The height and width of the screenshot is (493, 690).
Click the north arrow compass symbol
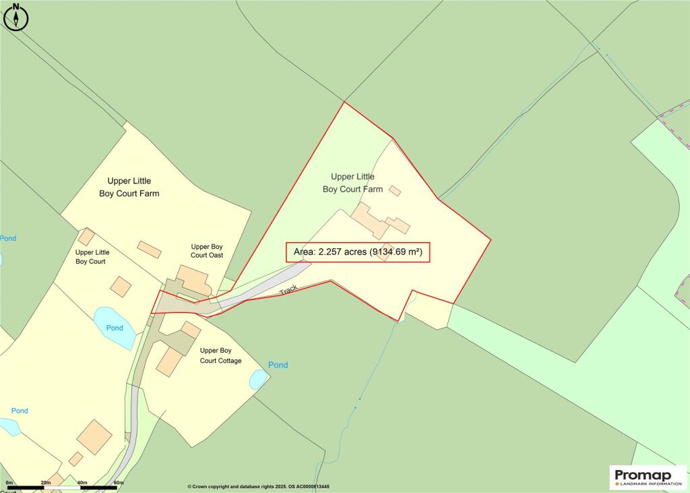16,18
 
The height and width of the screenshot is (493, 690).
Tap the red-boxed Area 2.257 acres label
358,253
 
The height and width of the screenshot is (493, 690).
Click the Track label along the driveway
288,290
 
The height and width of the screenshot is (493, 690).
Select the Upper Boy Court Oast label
207,251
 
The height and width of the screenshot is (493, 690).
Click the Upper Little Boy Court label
92,257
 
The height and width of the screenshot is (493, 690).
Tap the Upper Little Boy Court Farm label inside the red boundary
352,183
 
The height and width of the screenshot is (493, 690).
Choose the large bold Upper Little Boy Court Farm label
129,187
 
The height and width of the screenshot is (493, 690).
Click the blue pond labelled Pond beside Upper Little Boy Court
115,326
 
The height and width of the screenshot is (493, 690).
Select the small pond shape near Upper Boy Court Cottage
259,380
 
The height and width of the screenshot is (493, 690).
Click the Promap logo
648,477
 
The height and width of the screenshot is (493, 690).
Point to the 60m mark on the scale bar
119,483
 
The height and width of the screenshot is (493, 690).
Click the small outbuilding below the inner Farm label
395,191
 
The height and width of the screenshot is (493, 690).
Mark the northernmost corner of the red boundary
344,102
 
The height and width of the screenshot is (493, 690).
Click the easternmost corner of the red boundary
490,239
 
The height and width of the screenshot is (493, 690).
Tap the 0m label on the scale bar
9,483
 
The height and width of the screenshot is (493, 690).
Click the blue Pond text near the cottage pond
278,365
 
